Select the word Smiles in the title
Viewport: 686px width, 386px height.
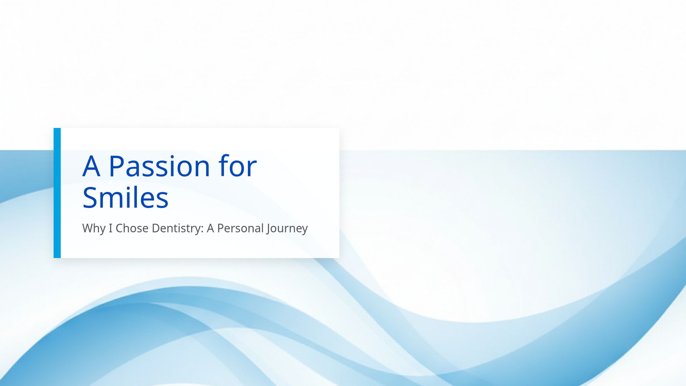125,198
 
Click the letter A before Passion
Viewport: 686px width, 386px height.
91,166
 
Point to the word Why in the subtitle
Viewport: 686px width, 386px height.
94,228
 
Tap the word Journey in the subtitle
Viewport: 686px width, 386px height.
287,228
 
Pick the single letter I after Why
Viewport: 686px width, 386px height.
110,228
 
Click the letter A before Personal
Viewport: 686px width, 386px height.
210,228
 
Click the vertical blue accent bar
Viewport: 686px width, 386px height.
57,193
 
